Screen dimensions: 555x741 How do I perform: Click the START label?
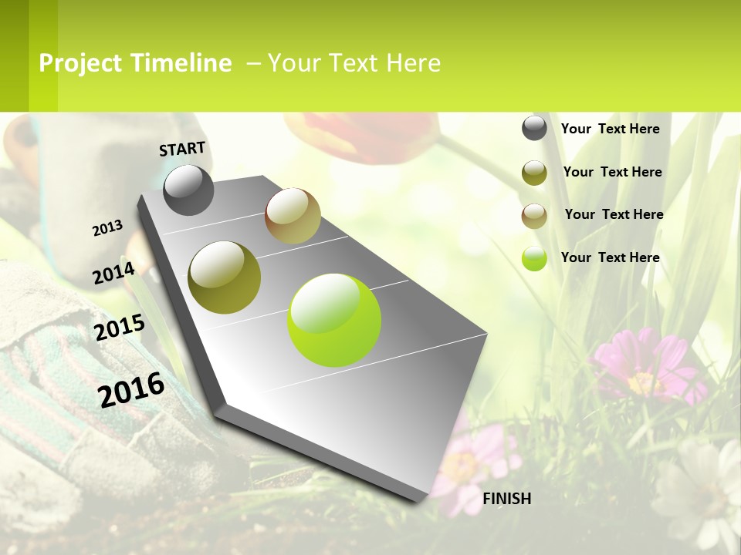[x=182, y=149]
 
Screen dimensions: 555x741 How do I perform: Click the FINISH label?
[x=507, y=499]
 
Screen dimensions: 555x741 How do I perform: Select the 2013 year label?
[x=107, y=228]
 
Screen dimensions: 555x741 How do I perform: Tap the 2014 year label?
[x=113, y=273]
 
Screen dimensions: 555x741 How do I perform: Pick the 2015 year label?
[x=120, y=328]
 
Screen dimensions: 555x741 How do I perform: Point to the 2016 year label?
[x=131, y=389]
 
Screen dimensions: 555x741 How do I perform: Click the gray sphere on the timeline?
[x=189, y=190]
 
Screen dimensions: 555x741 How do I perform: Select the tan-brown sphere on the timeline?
[x=293, y=216]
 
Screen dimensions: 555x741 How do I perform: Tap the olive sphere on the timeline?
[x=225, y=277]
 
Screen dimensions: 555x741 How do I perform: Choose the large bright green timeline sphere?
[x=334, y=320]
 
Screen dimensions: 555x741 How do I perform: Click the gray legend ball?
[x=534, y=128]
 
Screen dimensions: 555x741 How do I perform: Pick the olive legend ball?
[x=534, y=173]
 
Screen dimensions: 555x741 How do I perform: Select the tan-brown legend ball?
[x=534, y=216]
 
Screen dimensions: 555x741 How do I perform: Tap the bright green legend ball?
[x=534, y=258]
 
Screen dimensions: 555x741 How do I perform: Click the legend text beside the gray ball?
[x=610, y=129]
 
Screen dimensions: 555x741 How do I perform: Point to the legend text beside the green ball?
[x=610, y=257]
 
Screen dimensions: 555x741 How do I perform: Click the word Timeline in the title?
[x=181, y=63]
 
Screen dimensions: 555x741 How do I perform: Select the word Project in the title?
[x=80, y=63]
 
